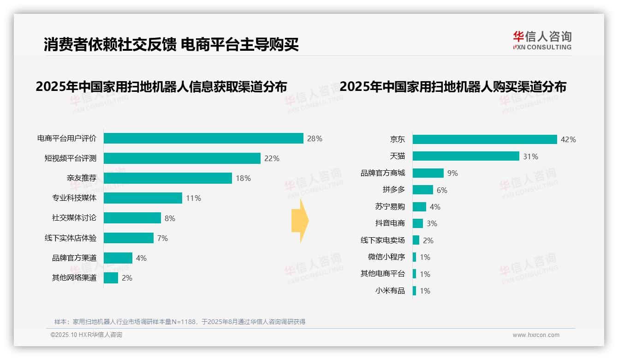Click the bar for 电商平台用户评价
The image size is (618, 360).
[203, 138]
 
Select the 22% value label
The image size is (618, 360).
[272, 158]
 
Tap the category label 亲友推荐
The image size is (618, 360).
[82, 178]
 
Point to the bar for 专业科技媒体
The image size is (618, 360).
[143, 198]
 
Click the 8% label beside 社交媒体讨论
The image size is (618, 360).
[170, 218]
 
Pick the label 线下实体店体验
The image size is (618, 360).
[71, 238]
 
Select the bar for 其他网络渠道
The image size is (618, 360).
[111, 278]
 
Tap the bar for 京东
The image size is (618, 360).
[485, 139]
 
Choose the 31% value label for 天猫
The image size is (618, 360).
[530, 156]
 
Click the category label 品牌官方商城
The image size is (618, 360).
[383, 173]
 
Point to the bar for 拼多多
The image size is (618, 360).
[423, 190]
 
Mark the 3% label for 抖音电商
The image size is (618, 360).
[432, 223]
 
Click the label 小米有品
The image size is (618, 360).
[390, 291]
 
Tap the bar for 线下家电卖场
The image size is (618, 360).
[416, 240]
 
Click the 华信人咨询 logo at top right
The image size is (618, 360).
[542, 40]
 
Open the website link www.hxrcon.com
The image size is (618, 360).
[536, 335]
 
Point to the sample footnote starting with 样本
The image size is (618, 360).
[180, 322]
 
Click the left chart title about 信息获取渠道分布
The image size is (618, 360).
[161, 86]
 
